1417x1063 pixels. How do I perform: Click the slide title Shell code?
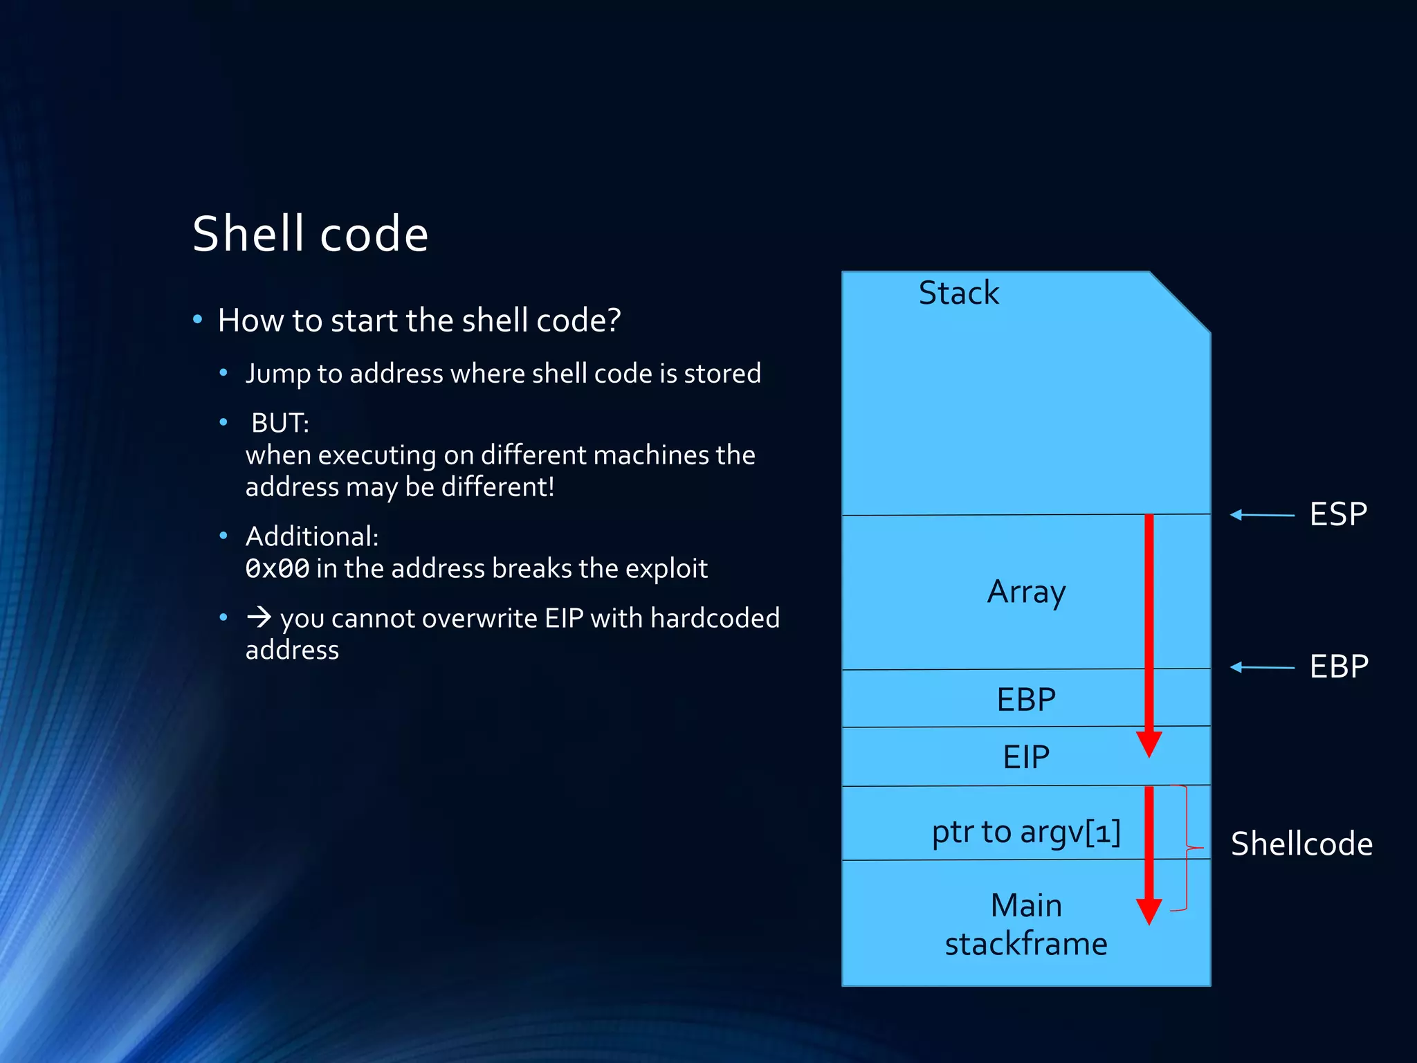(x=310, y=234)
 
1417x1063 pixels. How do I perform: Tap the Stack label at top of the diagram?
(x=958, y=293)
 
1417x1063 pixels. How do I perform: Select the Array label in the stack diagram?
(x=1026, y=592)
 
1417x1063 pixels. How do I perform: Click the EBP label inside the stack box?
(x=1026, y=700)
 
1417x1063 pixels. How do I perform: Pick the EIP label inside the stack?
(x=1026, y=757)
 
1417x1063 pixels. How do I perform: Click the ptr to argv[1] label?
(x=1026, y=832)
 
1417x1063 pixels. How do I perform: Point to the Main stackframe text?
(x=1026, y=925)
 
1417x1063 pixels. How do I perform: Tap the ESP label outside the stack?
(x=1338, y=514)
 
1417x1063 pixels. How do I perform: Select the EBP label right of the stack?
(x=1339, y=666)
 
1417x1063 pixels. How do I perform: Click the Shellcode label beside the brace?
(x=1301, y=844)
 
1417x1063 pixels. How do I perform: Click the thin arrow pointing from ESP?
(x=1262, y=515)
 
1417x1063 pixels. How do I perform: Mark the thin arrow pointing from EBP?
(x=1262, y=667)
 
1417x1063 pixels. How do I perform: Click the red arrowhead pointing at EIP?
(x=1149, y=743)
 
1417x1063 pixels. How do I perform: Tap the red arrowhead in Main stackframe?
(x=1149, y=911)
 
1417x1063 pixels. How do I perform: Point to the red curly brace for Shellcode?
(x=1187, y=848)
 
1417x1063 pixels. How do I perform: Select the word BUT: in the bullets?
(x=280, y=423)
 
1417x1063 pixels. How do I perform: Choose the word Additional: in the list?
(x=312, y=536)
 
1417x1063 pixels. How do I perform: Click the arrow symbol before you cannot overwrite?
(x=259, y=617)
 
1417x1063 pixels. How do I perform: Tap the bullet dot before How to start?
(x=198, y=320)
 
